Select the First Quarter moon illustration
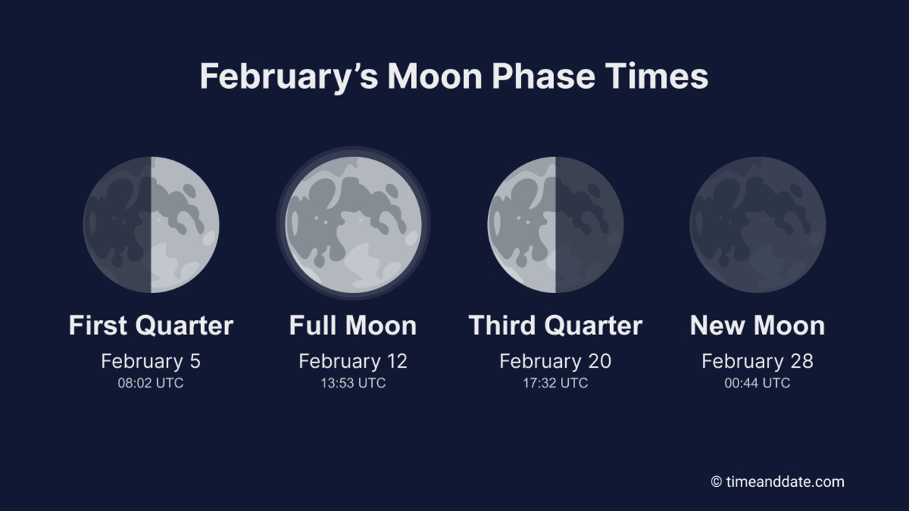click(x=151, y=224)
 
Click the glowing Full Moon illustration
click(x=353, y=224)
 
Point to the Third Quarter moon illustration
click(x=555, y=224)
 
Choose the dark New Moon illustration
click(x=758, y=224)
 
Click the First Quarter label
click(x=151, y=326)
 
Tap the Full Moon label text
click(x=353, y=326)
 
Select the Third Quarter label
click(x=555, y=326)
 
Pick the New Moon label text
click(x=758, y=326)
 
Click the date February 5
click(x=151, y=361)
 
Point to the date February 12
click(x=353, y=361)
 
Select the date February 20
click(x=555, y=361)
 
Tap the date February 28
click(x=758, y=361)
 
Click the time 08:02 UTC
click(x=151, y=383)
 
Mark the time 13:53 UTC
click(x=353, y=383)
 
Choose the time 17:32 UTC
click(x=555, y=383)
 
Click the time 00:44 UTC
click(x=758, y=383)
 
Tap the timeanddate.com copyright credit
click(x=778, y=482)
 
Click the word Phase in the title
click(x=543, y=77)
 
